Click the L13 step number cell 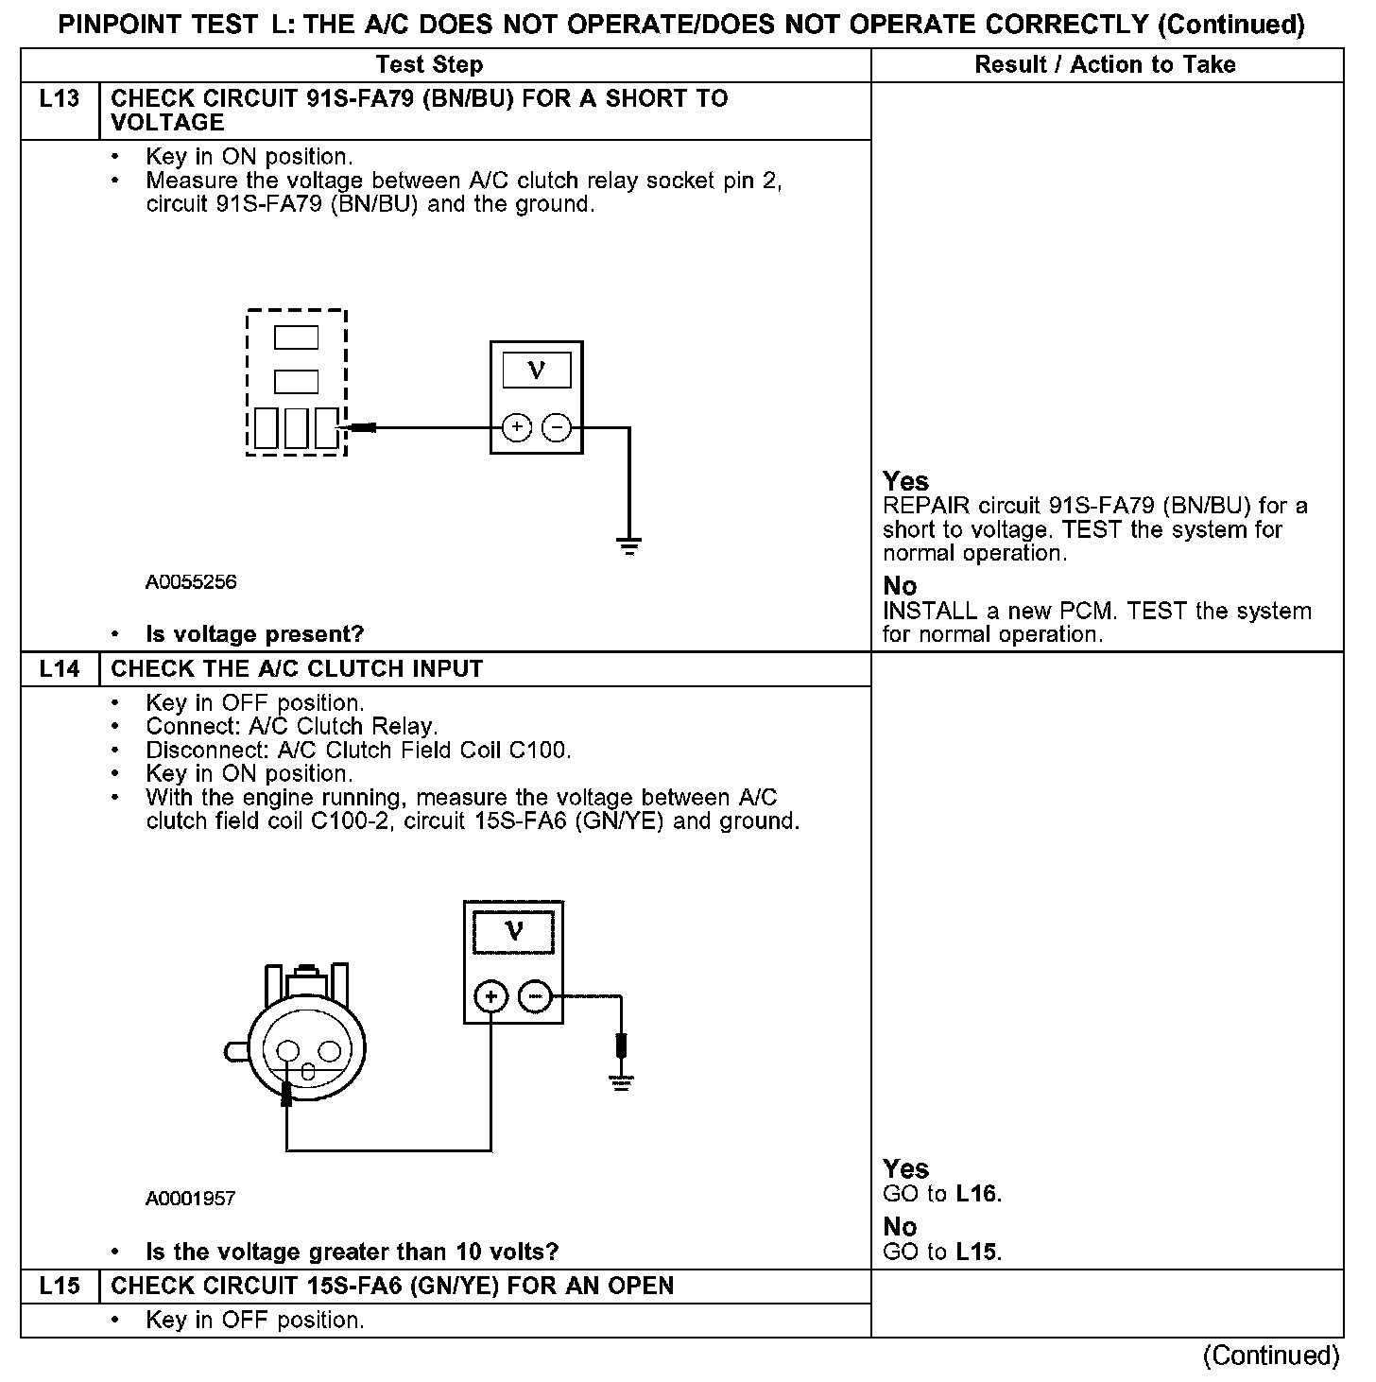pyautogui.click(x=59, y=99)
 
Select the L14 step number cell pyautogui.click(x=59, y=669)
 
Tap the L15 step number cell pyautogui.click(x=59, y=1286)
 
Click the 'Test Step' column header pyautogui.click(x=429, y=65)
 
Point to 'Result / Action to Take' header pyautogui.click(x=1105, y=65)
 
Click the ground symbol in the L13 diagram pyautogui.click(x=628, y=544)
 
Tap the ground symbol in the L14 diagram pyautogui.click(x=621, y=1082)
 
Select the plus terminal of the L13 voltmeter pyautogui.click(x=516, y=428)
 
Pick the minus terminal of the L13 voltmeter pyautogui.click(x=557, y=428)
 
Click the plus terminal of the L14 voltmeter pyautogui.click(x=491, y=996)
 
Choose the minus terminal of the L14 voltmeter pyautogui.click(x=535, y=996)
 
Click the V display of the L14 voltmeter pyautogui.click(x=513, y=932)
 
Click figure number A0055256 pyautogui.click(x=191, y=582)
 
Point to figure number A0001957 pyautogui.click(x=191, y=1199)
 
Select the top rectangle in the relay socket pyautogui.click(x=296, y=337)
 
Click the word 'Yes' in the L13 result pyautogui.click(x=905, y=481)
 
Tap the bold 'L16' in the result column pyautogui.click(x=976, y=1194)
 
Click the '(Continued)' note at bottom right pyautogui.click(x=1271, y=1356)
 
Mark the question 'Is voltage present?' pyautogui.click(x=254, y=634)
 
